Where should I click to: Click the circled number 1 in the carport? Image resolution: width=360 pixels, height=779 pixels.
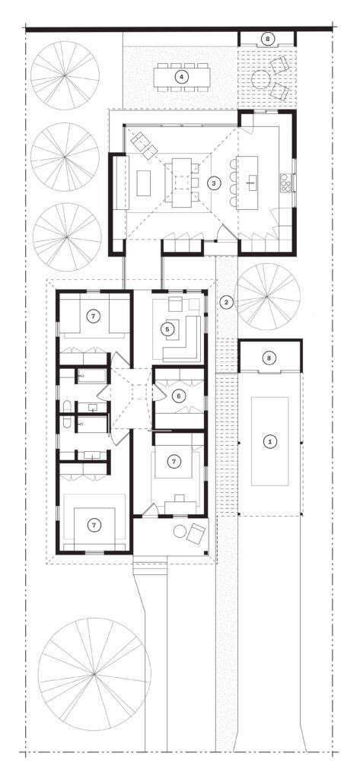(x=270, y=440)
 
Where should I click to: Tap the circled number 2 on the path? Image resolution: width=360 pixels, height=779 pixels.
(x=226, y=301)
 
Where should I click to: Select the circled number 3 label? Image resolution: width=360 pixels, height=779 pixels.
(x=214, y=183)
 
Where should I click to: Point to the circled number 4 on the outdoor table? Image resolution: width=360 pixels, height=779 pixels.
(x=182, y=77)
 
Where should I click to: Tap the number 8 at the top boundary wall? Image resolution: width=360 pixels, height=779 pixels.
(x=269, y=39)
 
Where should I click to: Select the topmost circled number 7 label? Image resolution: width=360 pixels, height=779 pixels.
(x=91, y=315)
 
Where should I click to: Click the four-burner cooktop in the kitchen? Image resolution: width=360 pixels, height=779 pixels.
(x=287, y=183)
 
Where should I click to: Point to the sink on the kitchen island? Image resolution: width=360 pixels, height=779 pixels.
(x=250, y=182)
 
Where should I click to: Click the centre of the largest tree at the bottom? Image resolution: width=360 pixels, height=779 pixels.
(x=94, y=674)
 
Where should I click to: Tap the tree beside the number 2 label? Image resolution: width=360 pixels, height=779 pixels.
(x=267, y=297)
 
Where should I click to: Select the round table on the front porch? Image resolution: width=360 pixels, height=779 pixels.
(x=180, y=532)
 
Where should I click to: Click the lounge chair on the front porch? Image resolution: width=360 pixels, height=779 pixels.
(x=196, y=533)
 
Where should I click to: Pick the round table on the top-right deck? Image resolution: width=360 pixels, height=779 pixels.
(x=260, y=79)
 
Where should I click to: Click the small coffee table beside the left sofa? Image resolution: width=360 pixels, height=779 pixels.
(x=144, y=183)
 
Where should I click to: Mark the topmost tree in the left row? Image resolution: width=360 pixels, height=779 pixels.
(x=65, y=75)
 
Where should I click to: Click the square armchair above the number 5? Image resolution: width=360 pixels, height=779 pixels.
(x=176, y=304)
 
